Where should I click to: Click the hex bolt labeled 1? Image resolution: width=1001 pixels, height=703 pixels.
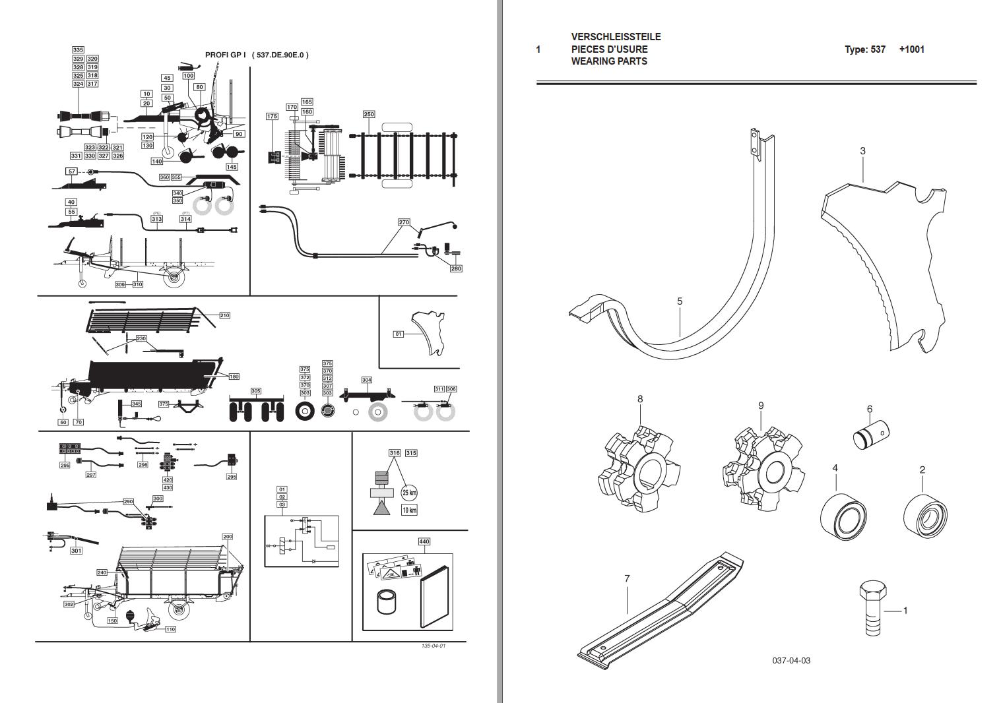click(870, 610)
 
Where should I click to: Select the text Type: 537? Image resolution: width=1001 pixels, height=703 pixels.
click(864, 49)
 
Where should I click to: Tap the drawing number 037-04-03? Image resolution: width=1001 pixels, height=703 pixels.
click(791, 660)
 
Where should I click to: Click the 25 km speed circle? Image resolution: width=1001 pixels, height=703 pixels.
click(409, 493)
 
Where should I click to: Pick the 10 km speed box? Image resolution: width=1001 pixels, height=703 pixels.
click(409, 510)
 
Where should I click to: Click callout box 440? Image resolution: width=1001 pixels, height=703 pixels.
click(424, 541)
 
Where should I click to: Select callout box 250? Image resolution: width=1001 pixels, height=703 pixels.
click(369, 114)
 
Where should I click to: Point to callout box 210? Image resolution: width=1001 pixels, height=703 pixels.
click(224, 316)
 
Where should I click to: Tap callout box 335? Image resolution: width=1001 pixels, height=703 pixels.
click(78, 50)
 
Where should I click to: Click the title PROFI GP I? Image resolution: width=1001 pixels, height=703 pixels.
click(225, 55)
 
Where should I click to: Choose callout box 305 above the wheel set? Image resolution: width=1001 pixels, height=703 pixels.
click(255, 391)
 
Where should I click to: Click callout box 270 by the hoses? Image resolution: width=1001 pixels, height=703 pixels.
click(404, 222)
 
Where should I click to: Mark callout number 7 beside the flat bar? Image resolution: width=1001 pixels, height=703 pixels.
click(627, 578)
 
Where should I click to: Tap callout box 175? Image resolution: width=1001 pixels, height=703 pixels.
click(272, 116)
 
